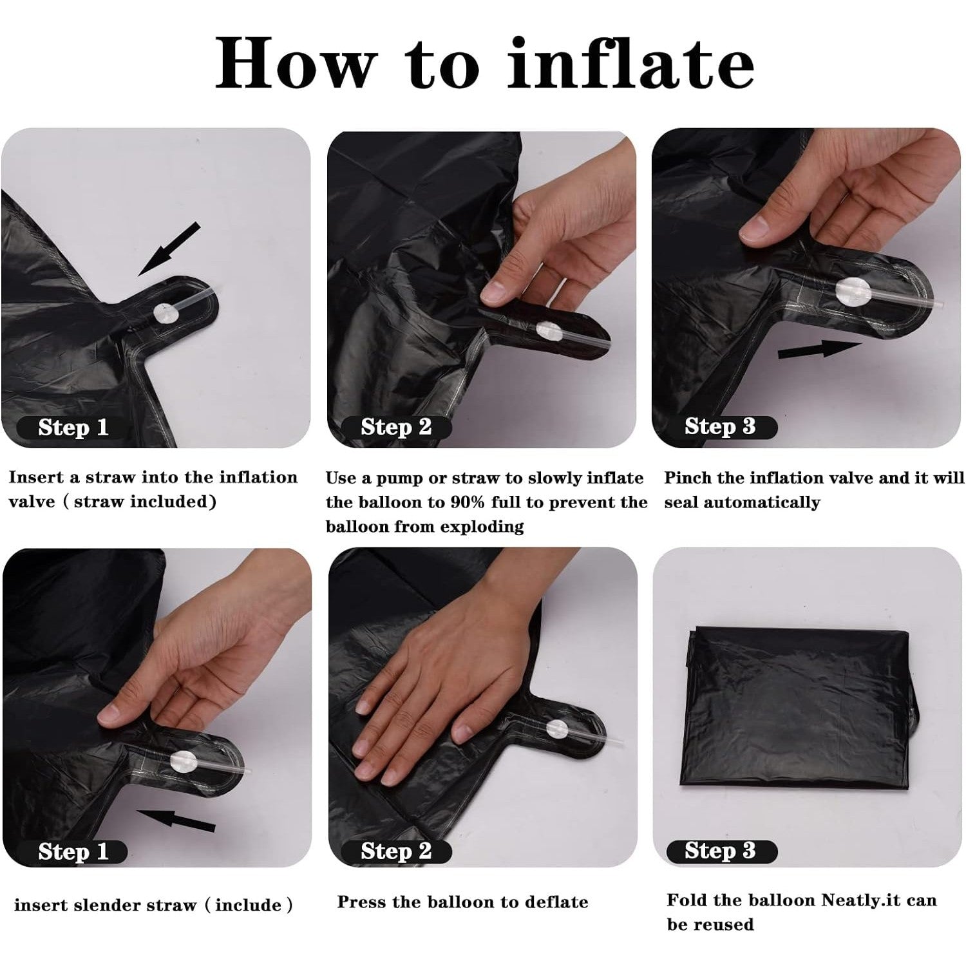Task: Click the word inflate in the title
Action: [x=631, y=63]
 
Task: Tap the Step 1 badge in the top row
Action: [x=72, y=428]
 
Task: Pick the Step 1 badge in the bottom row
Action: [x=72, y=851]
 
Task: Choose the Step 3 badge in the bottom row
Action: [x=720, y=850]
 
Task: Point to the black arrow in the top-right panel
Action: [x=819, y=350]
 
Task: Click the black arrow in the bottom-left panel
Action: [x=176, y=820]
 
